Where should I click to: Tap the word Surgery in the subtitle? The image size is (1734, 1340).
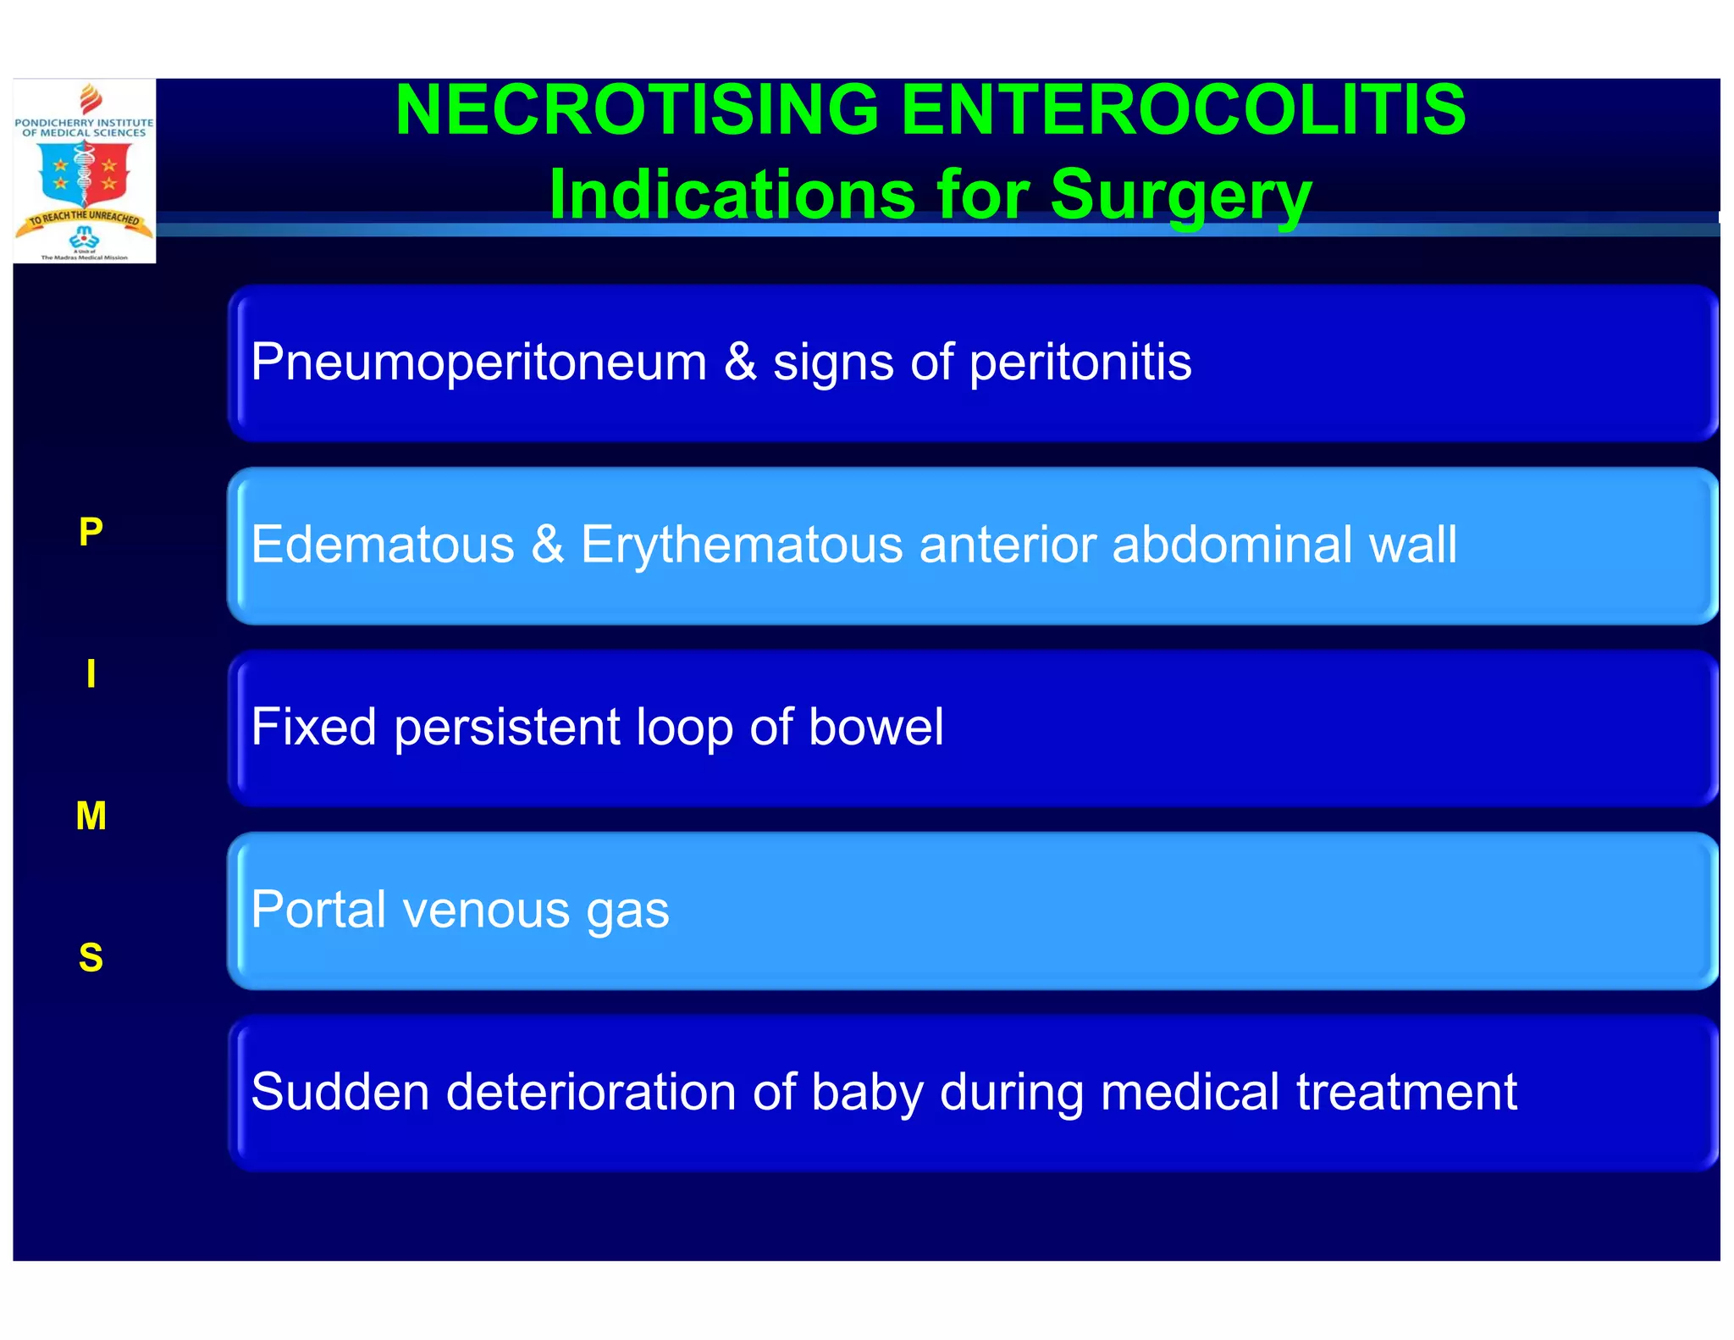click(1181, 195)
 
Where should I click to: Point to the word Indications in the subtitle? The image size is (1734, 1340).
click(732, 195)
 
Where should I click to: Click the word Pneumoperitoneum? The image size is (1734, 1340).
click(478, 363)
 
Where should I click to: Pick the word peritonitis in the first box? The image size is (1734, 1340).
click(1080, 363)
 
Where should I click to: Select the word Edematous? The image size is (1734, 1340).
click(383, 545)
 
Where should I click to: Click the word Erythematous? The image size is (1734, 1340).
click(742, 545)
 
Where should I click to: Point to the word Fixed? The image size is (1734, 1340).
click(313, 727)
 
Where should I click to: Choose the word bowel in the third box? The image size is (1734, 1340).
click(875, 727)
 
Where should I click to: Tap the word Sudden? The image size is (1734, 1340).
click(340, 1092)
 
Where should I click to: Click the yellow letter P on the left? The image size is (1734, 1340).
click(91, 532)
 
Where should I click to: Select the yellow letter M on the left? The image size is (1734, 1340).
click(91, 817)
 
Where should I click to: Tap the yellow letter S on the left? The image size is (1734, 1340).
click(91, 958)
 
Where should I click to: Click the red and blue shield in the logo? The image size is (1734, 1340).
click(84, 172)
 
